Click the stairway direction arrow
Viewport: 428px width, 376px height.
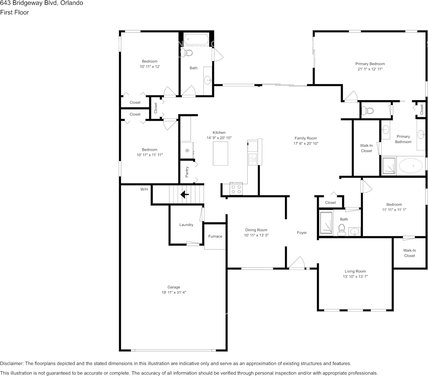pyautogui.click(x=185, y=194)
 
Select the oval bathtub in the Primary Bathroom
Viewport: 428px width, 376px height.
pyautogui.click(x=411, y=165)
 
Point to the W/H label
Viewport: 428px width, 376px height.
pyautogui.click(x=144, y=189)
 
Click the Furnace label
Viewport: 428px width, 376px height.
pyautogui.click(x=215, y=236)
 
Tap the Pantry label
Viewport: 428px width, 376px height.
pyautogui.click(x=187, y=172)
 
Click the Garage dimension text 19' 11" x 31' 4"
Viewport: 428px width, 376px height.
pyautogui.click(x=174, y=293)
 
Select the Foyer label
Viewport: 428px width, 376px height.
pyautogui.click(x=302, y=233)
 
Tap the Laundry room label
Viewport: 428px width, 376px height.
pyautogui.click(x=186, y=225)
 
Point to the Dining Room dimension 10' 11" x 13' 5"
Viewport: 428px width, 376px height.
pyautogui.click(x=256, y=235)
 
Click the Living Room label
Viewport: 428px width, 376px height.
pyautogui.click(x=355, y=271)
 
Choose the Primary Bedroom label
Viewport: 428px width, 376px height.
pyautogui.click(x=370, y=64)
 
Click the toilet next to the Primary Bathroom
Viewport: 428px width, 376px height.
pyautogui.click(x=368, y=111)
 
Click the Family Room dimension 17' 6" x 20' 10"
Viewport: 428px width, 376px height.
pyautogui.click(x=305, y=143)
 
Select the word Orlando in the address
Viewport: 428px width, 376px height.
pyautogui.click(x=72, y=3)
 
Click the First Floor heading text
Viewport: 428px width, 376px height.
pyautogui.click(x=14, y=12)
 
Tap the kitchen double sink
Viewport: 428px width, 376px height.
pyautogui.click(x=252, y=159)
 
